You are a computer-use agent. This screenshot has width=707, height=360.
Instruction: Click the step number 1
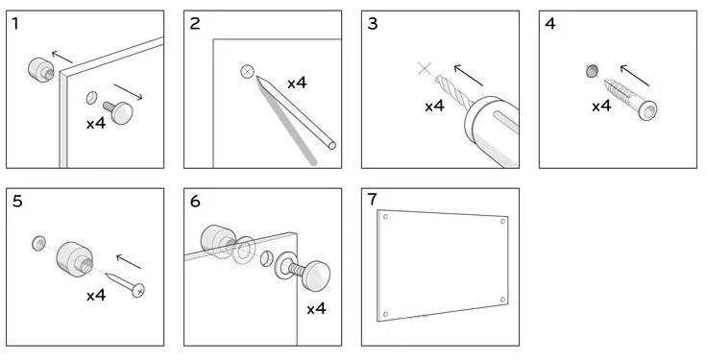(x=15, y=24)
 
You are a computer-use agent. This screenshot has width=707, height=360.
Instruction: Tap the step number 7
(x=372, y=199)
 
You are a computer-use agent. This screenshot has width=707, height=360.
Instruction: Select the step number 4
(x=550, y=24)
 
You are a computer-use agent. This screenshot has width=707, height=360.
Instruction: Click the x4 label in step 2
(x=297, y=83)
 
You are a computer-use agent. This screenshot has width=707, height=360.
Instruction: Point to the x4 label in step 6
(x=317, y=309)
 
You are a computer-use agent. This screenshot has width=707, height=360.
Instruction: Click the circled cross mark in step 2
(x=247, y=72)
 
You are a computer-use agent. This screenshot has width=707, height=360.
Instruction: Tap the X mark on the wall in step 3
(x=425, y=69)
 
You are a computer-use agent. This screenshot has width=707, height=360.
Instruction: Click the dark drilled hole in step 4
(x=592, y=71)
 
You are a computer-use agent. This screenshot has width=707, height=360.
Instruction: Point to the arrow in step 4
(x=635, y=75)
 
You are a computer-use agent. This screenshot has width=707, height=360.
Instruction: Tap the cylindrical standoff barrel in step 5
(x=75, y=259)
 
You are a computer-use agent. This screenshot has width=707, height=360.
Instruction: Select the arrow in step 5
(x=129, y=262)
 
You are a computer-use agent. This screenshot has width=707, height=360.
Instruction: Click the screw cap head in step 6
(x=316, y=276)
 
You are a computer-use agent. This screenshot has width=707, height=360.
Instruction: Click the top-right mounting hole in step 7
(x=502, y=221)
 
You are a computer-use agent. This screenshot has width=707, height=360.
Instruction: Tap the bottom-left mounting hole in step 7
(x=385, y=314)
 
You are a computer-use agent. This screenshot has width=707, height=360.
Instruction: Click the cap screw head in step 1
(x=122, y=112)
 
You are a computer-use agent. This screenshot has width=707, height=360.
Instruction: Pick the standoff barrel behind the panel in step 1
(x=41, y=70)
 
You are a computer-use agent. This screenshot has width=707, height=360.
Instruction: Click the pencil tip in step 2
(x=258, y=79)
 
